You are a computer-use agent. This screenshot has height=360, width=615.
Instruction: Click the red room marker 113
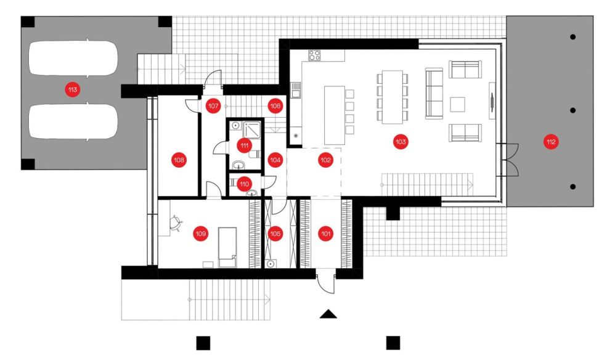(73, 90)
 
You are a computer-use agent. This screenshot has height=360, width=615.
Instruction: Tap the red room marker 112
(551, 142)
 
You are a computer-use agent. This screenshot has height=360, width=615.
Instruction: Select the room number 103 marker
(401, 142)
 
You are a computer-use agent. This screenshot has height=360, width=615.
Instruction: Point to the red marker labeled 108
(179, 160)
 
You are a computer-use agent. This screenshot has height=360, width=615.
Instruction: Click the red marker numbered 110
(245, 184)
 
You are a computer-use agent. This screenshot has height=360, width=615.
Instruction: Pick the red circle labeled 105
(275, 234)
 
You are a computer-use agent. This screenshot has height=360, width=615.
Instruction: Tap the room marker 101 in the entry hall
(325, 234)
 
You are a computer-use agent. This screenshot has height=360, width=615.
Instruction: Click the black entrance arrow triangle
(328, 314)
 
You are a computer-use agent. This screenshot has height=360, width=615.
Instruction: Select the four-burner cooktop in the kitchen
(314, 55)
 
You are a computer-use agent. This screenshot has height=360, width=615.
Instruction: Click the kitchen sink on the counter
(295, 90)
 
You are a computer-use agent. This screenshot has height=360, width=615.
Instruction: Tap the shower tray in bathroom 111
(252, 130)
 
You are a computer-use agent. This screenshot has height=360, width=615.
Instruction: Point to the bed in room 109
(227, 247)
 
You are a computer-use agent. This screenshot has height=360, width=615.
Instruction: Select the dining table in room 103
(393, 97)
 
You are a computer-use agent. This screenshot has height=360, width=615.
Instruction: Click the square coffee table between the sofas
(457, 105)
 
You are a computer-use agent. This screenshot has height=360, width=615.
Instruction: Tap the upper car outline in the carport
(73, 58)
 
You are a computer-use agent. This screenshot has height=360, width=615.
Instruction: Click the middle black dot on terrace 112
(572, 110)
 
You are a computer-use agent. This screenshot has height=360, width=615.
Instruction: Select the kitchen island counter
(335, 115)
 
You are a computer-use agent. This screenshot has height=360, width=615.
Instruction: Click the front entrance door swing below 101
(326, 281)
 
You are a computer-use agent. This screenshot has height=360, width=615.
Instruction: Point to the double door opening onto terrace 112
(510, 160)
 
